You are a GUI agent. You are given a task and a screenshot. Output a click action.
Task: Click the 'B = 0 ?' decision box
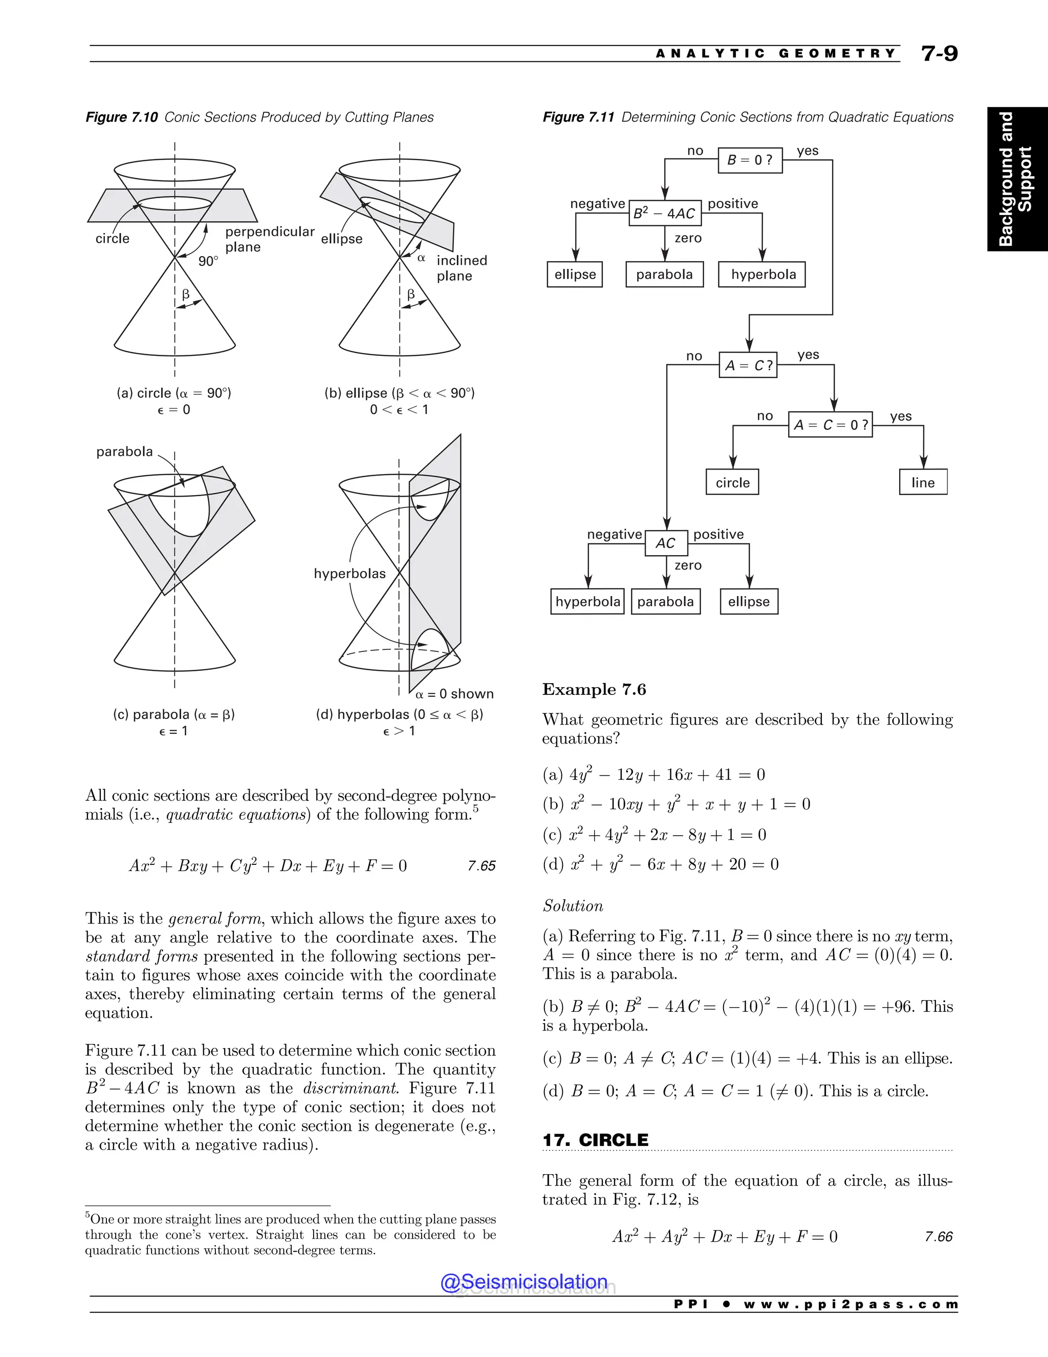[749, 160]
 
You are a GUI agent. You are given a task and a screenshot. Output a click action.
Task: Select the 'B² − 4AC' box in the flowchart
[664, 213]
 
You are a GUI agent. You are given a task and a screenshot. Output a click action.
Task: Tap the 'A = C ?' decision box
[748, 365]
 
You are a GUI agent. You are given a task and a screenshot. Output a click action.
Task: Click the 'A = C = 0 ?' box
[830, 425]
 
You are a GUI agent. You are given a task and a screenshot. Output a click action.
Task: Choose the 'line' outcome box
[923, 482]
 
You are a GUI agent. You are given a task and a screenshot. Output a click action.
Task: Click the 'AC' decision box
[666, 543]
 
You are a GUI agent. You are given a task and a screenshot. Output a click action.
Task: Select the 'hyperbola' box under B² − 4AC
[762, 274]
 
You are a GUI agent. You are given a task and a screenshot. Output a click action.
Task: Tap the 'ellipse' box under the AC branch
[749, 602]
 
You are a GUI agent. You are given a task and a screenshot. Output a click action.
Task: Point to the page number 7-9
[940, 53]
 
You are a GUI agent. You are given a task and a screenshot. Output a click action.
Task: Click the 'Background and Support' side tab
[1016, 179]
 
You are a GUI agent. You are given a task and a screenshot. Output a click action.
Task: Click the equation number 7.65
[481, 865]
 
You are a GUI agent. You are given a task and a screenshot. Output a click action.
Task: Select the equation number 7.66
[938, 1237]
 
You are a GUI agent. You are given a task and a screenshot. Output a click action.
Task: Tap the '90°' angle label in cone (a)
[208, 262]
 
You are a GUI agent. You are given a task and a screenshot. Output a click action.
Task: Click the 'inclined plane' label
[461, 268]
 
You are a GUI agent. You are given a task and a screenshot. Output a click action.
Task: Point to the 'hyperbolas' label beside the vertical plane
[350, 574]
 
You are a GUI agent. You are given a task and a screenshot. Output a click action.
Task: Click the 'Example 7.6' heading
[594, 690]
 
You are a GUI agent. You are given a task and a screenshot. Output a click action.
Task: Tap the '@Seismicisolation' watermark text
[524, 1281]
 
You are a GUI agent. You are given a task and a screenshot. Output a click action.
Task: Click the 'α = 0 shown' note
[454, 693]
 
